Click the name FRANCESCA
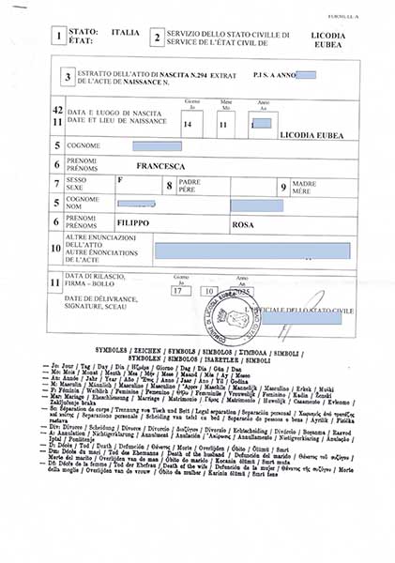[160, 165]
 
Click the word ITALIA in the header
[125, 33]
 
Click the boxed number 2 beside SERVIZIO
[157, 38]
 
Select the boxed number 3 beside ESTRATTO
[68, 79]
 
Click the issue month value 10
[210, 290]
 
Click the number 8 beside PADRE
[169, 186]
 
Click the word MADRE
[304, 183]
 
